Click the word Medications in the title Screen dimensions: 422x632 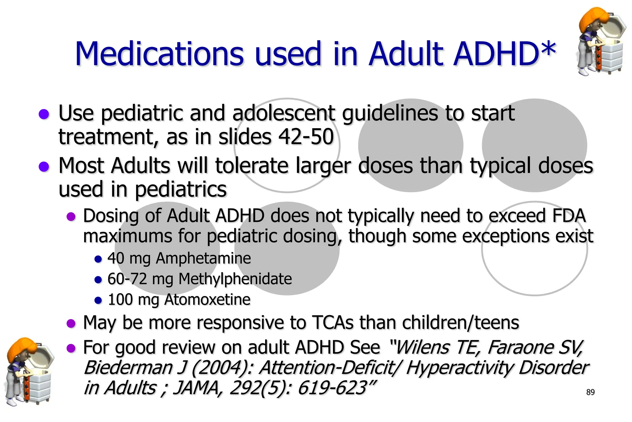160,54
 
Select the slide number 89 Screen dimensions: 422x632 590,392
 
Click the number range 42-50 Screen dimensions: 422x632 306,137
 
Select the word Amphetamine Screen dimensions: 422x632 203,258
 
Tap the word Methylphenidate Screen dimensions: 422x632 235,279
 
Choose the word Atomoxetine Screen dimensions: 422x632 207,300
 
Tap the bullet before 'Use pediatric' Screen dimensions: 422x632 44,114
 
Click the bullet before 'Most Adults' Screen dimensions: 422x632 44,167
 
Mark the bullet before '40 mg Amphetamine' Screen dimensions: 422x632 98,259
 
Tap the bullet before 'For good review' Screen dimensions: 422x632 71,348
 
